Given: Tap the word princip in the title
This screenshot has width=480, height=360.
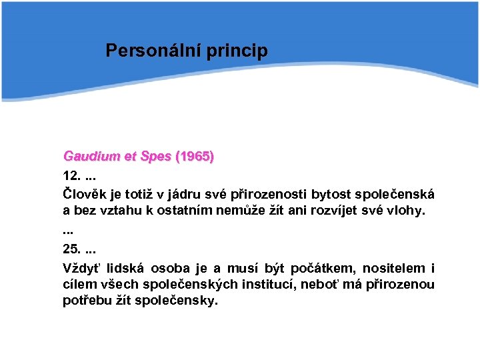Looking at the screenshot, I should [x=239, y=51].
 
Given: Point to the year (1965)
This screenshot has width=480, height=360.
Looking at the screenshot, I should [x=194, y=157].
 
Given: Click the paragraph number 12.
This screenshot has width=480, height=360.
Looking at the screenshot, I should [x=71, y=176].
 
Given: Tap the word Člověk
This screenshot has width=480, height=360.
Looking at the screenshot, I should [x=85, y=195].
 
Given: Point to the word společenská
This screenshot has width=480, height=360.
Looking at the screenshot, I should [x=398, y=195].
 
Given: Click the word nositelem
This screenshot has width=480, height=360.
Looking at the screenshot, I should [x=393, y=269].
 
